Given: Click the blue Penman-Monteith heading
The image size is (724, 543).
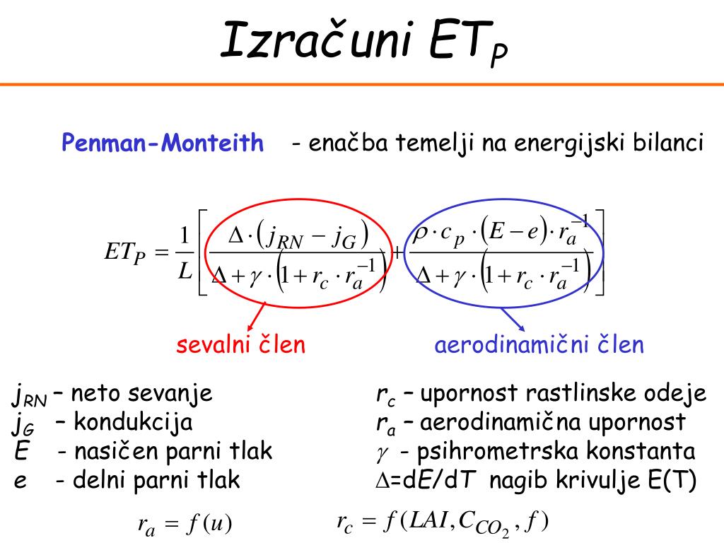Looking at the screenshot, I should [163, 144].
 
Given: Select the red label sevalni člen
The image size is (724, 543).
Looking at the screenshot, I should [241, 345].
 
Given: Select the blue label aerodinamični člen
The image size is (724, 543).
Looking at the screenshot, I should [539, 345].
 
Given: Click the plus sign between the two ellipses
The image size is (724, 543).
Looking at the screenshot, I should [399, 252].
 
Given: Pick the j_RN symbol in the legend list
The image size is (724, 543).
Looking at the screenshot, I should [28, 396].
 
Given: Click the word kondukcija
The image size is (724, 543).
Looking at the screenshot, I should [134, 423].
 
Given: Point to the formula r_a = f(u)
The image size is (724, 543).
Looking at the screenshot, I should [185, 525].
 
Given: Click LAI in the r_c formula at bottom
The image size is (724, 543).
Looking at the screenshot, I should [427, 522].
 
